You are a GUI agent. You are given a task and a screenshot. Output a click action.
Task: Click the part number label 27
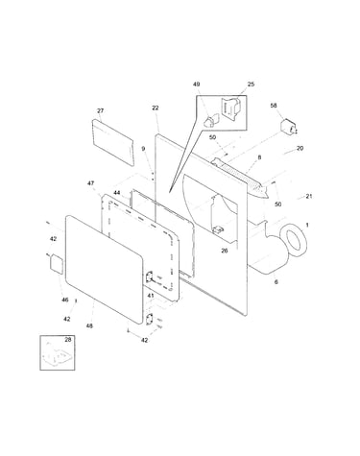101,110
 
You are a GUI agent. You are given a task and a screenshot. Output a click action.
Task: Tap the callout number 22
156,108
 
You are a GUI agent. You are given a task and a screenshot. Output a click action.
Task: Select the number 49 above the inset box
196,84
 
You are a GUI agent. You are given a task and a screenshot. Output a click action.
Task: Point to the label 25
251,84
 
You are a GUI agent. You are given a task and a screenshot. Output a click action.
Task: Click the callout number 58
274,106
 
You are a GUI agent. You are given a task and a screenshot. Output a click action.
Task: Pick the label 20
300,148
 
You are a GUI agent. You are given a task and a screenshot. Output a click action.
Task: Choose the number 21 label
309,196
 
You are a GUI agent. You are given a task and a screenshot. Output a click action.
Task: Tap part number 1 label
307,225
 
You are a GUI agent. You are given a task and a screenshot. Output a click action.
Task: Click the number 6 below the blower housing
276,282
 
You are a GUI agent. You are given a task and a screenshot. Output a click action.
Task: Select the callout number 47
91,183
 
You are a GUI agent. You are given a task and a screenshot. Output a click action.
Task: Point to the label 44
117,193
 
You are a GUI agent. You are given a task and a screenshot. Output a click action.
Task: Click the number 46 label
65,300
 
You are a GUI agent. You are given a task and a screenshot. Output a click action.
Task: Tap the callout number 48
89,325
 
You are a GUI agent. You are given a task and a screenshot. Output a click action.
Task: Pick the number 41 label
151,296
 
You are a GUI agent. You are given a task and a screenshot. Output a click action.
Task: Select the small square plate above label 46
56,264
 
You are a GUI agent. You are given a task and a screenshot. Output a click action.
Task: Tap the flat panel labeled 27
113,142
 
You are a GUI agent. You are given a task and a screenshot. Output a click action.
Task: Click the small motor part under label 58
289,129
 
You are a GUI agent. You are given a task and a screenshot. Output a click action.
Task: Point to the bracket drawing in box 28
57,354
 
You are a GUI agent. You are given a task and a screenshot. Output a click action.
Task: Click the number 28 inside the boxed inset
68,340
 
